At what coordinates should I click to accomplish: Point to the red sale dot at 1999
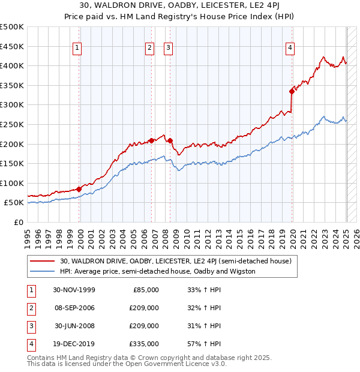point(79,188)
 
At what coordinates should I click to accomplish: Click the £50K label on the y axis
point(14,203)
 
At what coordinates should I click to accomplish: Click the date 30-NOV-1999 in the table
point(74,290)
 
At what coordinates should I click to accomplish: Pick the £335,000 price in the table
point(145,344)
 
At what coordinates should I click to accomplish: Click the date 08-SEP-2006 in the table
point(74,308)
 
